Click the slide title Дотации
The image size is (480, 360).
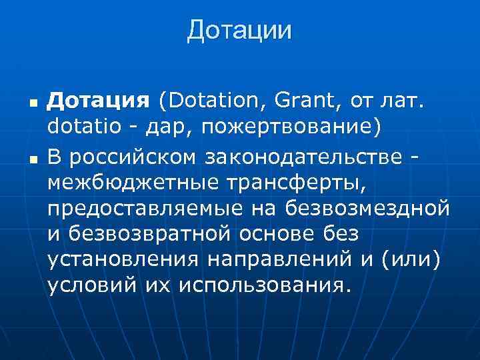[x=239, y=31]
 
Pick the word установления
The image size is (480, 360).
[x=119, y=259]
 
